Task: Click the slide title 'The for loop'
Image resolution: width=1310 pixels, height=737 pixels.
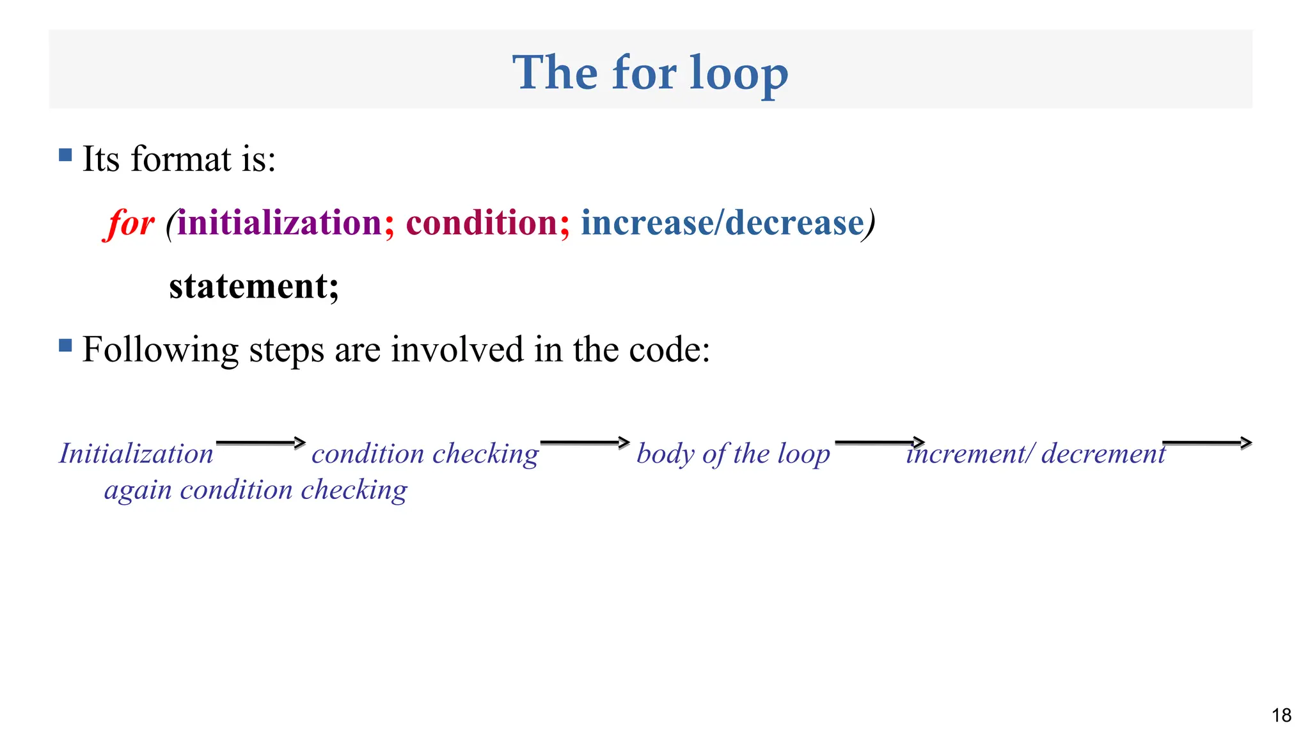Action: pos(650,72)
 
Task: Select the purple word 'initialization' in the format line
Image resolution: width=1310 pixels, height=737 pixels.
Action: pos(280,223)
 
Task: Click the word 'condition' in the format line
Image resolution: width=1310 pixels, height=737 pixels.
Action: pos(482,223)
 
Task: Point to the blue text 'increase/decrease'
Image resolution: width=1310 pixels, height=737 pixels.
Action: pos(722,223)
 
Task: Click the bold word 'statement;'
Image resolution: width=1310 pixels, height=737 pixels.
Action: pos(253,286)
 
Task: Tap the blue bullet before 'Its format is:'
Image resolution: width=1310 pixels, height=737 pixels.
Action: pos(65,155)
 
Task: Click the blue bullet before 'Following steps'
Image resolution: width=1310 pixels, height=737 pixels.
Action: pos(65,345)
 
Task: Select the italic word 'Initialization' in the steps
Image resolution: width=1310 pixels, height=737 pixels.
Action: pos(136,454)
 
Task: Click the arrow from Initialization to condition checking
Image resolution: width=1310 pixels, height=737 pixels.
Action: pos(260,443)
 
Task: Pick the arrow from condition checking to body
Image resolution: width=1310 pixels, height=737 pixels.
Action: pos(585,443)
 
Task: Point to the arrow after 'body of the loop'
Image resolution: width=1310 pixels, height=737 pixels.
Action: pos(880,442)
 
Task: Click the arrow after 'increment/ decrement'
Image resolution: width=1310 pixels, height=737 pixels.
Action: pos(1206,443)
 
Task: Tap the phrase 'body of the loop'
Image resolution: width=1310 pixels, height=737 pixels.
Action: pos(733,454)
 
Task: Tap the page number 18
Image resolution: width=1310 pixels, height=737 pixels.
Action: pos(1281,715)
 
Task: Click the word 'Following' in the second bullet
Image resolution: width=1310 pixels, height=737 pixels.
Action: pos(160,350)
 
